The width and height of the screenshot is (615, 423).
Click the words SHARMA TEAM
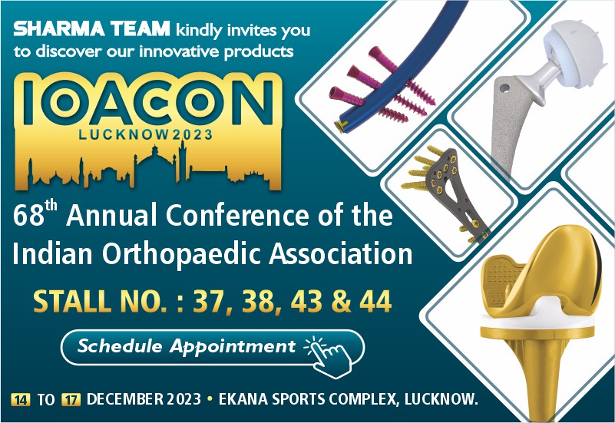(x=91, y=29)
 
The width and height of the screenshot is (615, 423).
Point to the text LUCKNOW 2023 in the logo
(x=146, y=135)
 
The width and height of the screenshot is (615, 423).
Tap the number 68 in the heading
(x=28, y=216)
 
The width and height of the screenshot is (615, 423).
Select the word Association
(x=340, y=253)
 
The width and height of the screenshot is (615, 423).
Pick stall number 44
(x=375, y=301)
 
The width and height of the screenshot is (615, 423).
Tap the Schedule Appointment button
(x=213, y=348)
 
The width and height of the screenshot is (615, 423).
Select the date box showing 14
(x=21, y=399)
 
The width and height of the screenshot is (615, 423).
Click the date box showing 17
(x=71, y=399)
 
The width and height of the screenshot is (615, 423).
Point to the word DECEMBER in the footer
(x=125, y=399)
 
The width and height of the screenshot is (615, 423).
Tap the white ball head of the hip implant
(x=573, y=55)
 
